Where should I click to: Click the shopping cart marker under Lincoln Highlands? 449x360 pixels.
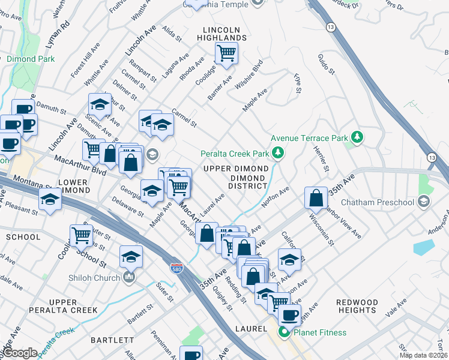(226, 53)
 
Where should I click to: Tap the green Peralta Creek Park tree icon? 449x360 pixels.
(277, 154)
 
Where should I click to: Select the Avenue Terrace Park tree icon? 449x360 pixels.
(357, 138)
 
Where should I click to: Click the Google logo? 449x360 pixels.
(20, 352)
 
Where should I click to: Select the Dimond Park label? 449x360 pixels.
(31, 59)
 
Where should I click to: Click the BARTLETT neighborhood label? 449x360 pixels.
(112, 340)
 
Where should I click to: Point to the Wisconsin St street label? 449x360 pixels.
(321, 230)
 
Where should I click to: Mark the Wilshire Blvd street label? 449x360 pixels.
(249, 74)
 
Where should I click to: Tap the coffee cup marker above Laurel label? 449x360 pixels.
(289, 315)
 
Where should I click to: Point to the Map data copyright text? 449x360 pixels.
(424, 355)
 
